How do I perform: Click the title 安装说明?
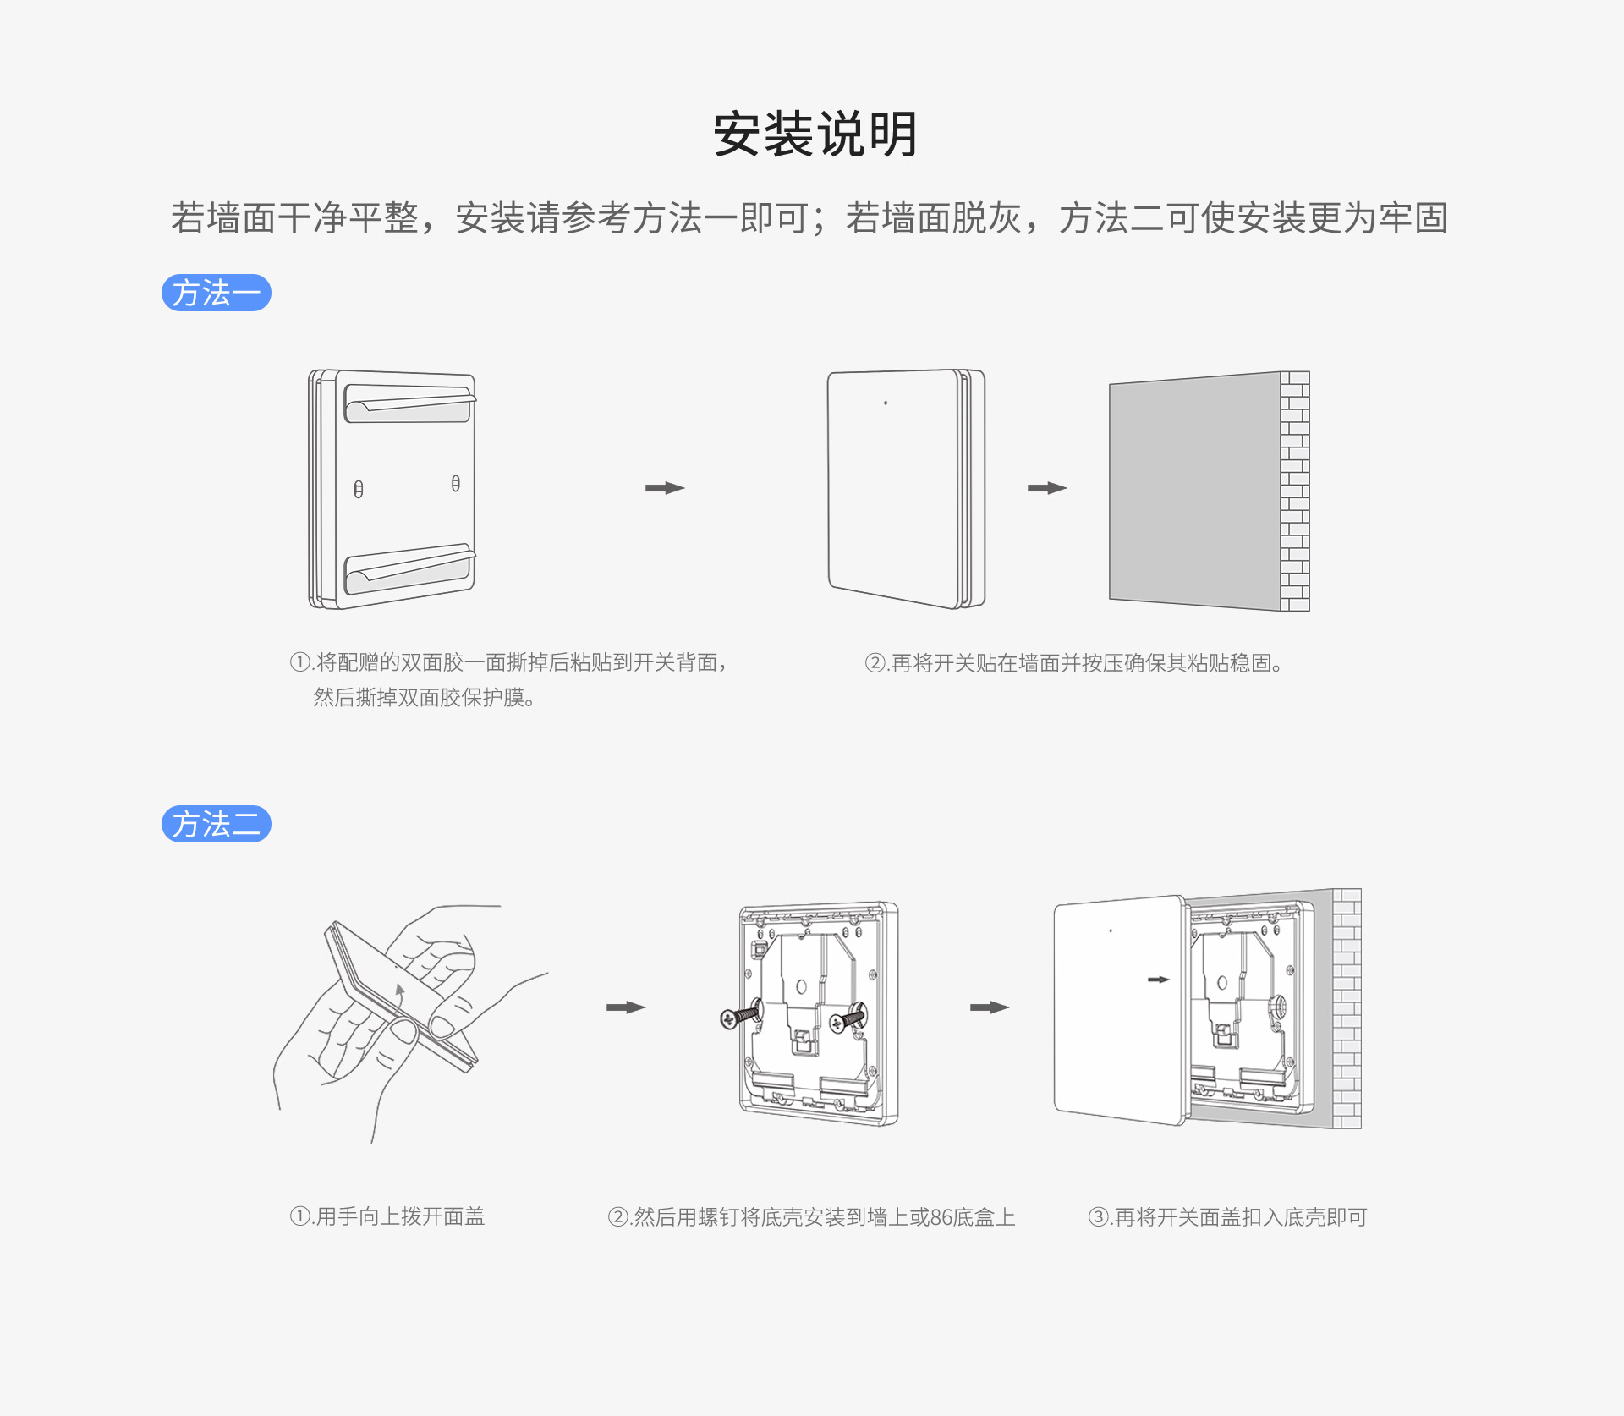pos(815,134)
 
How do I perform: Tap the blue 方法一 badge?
pos(216,293)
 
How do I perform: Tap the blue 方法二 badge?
pos(216,824)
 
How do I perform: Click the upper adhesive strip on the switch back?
pos(409,404)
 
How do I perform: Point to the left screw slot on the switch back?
pos(359,489)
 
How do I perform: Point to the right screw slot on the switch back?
pos(456,483)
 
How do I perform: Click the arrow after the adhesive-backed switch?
pos(664,488)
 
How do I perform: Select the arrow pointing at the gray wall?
pos(1046,488)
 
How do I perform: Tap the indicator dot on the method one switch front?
pos(886,403)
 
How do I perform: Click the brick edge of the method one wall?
pos(1294,491)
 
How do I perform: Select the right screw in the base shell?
pos(847,1019)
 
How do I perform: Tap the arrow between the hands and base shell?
pos(626,1007)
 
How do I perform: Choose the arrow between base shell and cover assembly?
pos(990,1007)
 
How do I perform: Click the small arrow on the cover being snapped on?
pos(1158,980)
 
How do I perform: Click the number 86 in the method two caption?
pos(941,1217)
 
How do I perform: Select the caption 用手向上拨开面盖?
pos(387,1216)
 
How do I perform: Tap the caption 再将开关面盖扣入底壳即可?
pos(1227,1217)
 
